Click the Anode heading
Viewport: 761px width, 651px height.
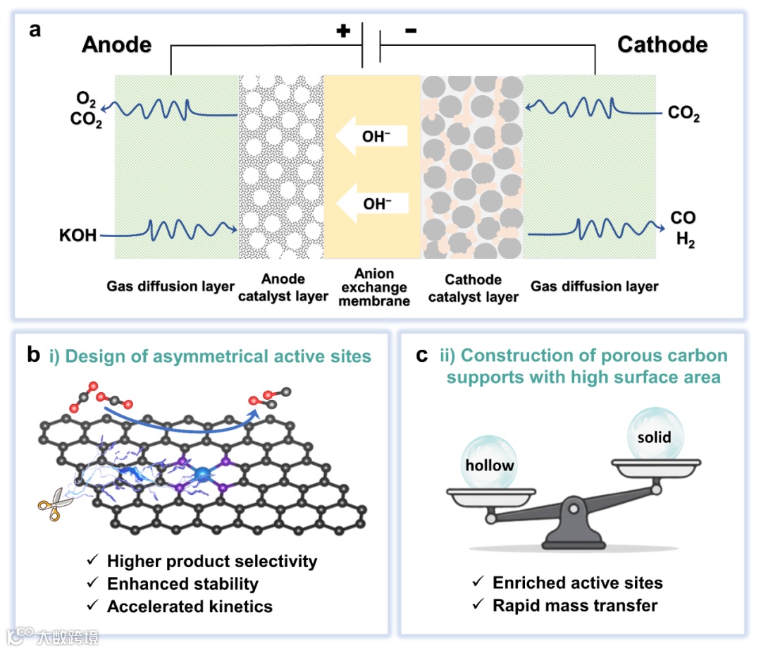tap(117, 44)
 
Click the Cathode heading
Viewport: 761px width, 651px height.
tap(662, 44)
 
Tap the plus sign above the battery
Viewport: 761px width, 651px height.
tap(343, 31)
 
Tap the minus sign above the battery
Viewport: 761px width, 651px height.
tap(411, 31)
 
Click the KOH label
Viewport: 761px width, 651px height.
tap(78, 234)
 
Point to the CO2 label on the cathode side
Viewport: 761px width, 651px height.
tap(683, 113)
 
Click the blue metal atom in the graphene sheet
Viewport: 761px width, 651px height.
tap(203, 474)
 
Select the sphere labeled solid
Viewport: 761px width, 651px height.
tap(655, 435)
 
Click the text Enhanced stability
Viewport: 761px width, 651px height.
tap(182, 584)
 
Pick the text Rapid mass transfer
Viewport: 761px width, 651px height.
tap(575, 605)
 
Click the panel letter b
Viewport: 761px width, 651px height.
tap(32, 355)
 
